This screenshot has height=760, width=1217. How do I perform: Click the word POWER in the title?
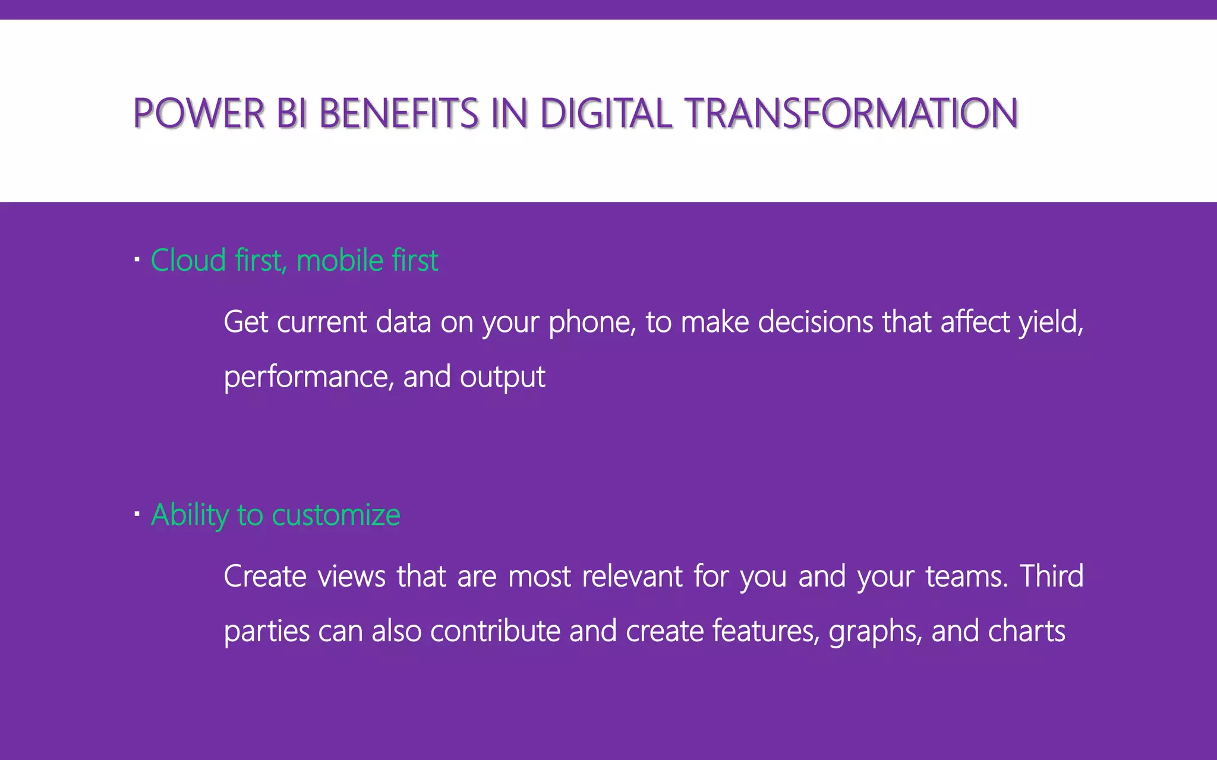pos(198,113)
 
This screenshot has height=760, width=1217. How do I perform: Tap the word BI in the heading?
pos(291,113)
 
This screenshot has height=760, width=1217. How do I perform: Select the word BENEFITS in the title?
pos(399,113)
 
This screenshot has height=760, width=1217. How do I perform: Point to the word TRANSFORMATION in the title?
pos(852,113)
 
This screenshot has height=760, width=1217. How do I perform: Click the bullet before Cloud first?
pos(137,259)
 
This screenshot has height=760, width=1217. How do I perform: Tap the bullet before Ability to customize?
pos(137,514)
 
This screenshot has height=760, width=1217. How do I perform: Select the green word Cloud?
pos(188,261)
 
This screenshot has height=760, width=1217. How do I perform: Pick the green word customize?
pos(336,515)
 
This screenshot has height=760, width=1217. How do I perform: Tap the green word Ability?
pos(190,515)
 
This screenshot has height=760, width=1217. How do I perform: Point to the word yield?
pos(1051,322)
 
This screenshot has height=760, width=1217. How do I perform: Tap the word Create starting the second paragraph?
pos(265,577)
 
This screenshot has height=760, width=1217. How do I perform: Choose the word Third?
pos(1051,577)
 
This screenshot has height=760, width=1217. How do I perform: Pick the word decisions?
pos(815,322)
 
